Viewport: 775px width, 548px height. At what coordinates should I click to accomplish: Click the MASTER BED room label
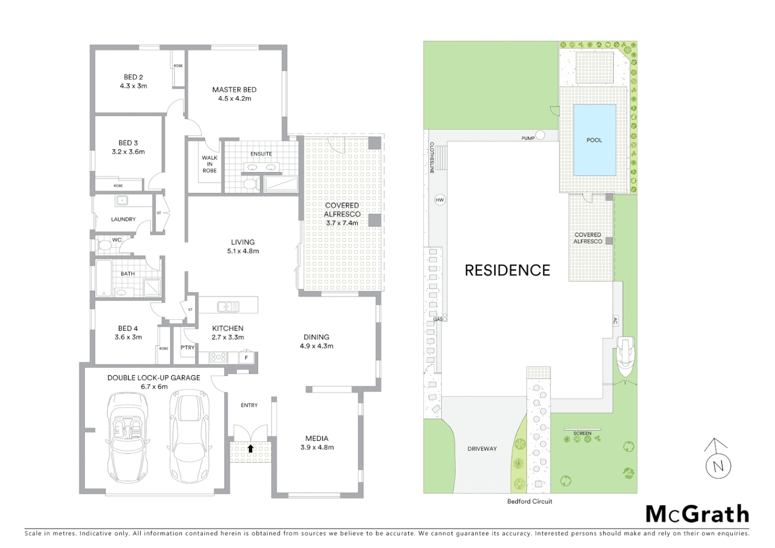coord(234,90)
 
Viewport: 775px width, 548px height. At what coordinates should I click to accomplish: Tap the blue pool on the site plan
coord(594,140)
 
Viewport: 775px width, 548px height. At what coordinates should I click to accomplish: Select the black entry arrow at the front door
coord(250,449)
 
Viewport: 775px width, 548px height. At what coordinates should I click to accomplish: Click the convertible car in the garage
coord(128,437)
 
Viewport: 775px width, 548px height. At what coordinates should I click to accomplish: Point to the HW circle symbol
coord(440,200)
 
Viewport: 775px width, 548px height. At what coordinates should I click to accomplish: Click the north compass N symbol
coord(718,466)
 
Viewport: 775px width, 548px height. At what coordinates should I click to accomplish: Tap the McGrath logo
coord(697,514)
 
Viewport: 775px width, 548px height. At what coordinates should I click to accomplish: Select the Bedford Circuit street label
coord(530,501)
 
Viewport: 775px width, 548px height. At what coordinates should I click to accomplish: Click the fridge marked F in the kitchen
coord(246,358)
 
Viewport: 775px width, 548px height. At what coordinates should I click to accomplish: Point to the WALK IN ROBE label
coord(209,164)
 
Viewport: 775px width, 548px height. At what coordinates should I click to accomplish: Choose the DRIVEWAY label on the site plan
coord(482,449)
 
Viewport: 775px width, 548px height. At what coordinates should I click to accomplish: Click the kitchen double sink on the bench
coord(228,306)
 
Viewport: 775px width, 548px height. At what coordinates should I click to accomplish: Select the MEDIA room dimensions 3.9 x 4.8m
coord(317,448)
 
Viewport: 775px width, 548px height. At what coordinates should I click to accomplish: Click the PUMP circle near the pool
coord(540,135)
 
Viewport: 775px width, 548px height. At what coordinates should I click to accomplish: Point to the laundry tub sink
coord(122,201)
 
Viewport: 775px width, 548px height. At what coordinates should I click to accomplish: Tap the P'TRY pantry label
coord(188,348)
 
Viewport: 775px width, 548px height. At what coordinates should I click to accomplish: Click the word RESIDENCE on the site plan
coord(507,270)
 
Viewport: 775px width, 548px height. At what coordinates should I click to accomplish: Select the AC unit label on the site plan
coord(615,321)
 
